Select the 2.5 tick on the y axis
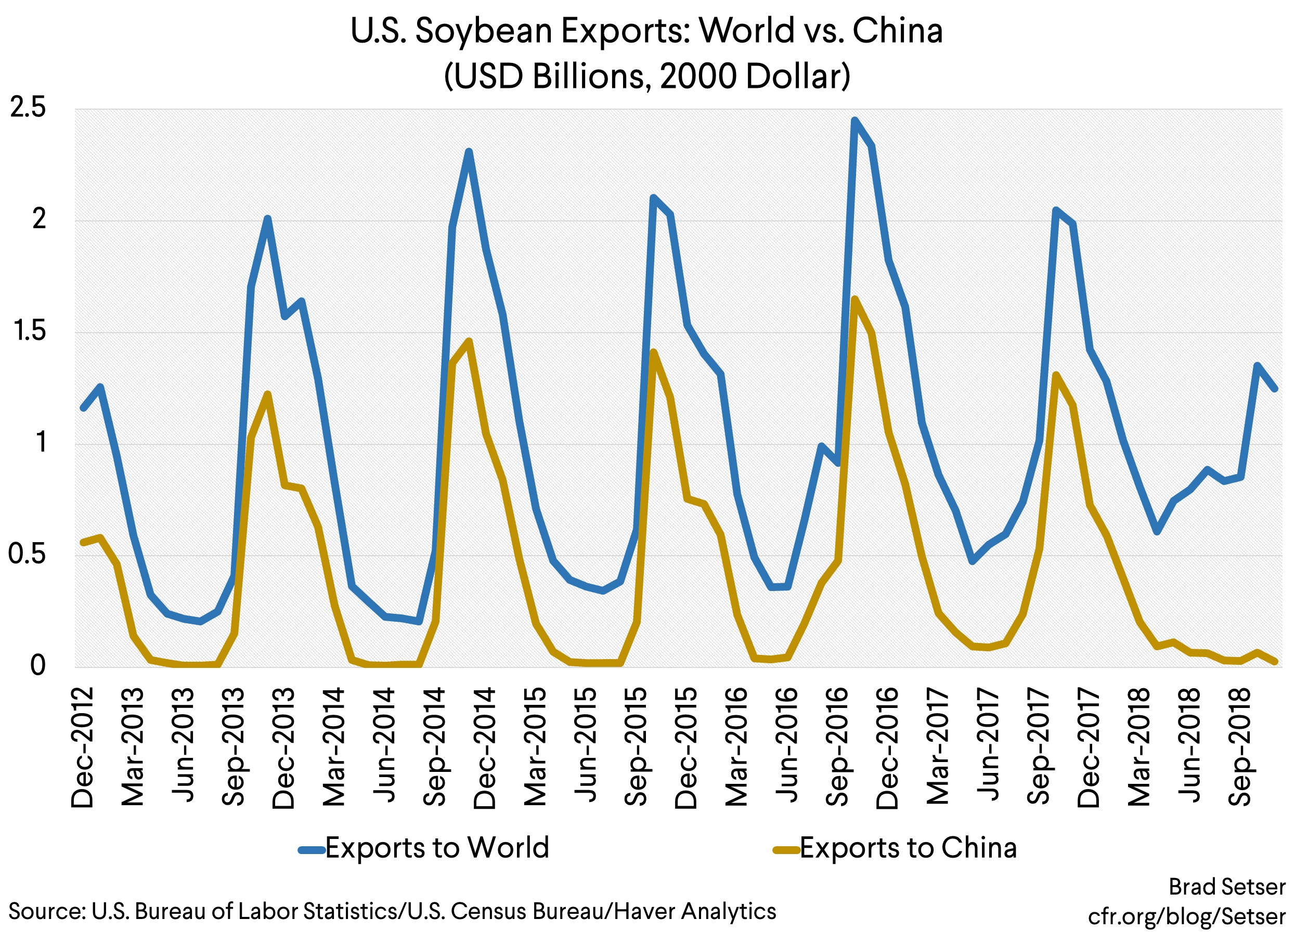pos(28,107)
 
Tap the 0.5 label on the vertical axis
pos(27,554)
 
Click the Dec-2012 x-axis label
pos(83,747)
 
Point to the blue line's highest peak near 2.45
pos(854,121)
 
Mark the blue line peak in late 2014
pos(469,151)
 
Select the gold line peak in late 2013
pos(267,394)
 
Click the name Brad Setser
pos(1226,887)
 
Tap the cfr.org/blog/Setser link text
pos(1186,916)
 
